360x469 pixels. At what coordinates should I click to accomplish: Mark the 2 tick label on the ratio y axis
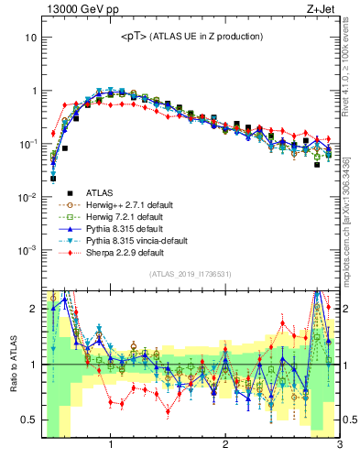pos(33,309)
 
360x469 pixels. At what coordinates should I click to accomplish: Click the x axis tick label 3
pos(339,445)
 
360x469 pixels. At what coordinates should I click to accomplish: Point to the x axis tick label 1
pos(110,445)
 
